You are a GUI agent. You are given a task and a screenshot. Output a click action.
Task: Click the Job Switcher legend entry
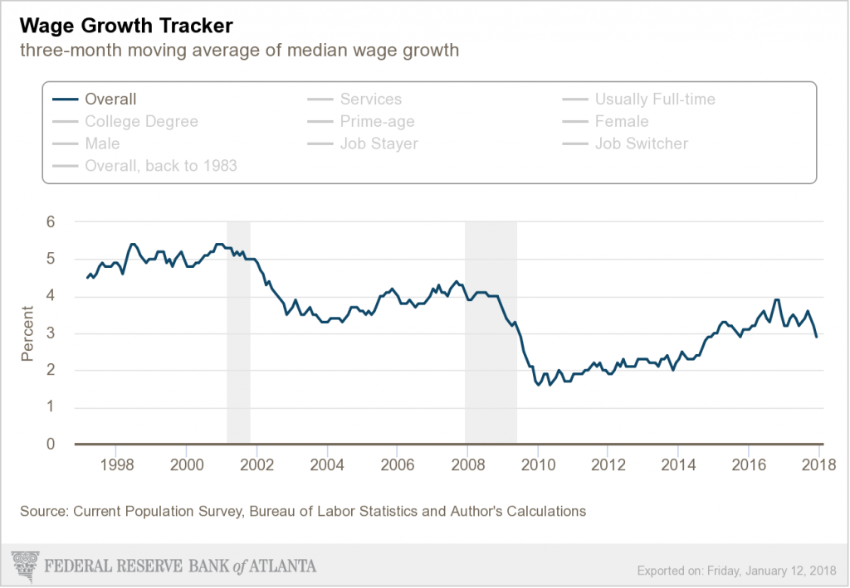(641, 143)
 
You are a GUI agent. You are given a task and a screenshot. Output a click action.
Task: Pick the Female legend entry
(621, 122)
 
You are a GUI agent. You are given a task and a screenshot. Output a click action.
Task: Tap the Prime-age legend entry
(377, 122)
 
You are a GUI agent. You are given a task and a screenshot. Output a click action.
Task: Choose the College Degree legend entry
(141, 122)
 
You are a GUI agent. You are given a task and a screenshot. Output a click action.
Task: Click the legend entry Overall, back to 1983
(160, 166)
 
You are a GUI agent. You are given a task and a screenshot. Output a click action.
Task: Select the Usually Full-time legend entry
(654, 100)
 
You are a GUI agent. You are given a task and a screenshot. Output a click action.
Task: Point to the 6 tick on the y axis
(50, 222)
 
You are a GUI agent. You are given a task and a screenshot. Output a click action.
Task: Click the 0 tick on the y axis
(50, 445)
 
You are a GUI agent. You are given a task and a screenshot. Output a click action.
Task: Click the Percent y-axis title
(27, 333)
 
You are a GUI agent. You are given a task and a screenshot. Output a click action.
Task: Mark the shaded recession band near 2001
(238, 332)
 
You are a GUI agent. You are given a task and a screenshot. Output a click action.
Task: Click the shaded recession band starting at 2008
(491, 332)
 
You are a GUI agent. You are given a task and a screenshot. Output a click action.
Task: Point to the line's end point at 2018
(816, 336)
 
